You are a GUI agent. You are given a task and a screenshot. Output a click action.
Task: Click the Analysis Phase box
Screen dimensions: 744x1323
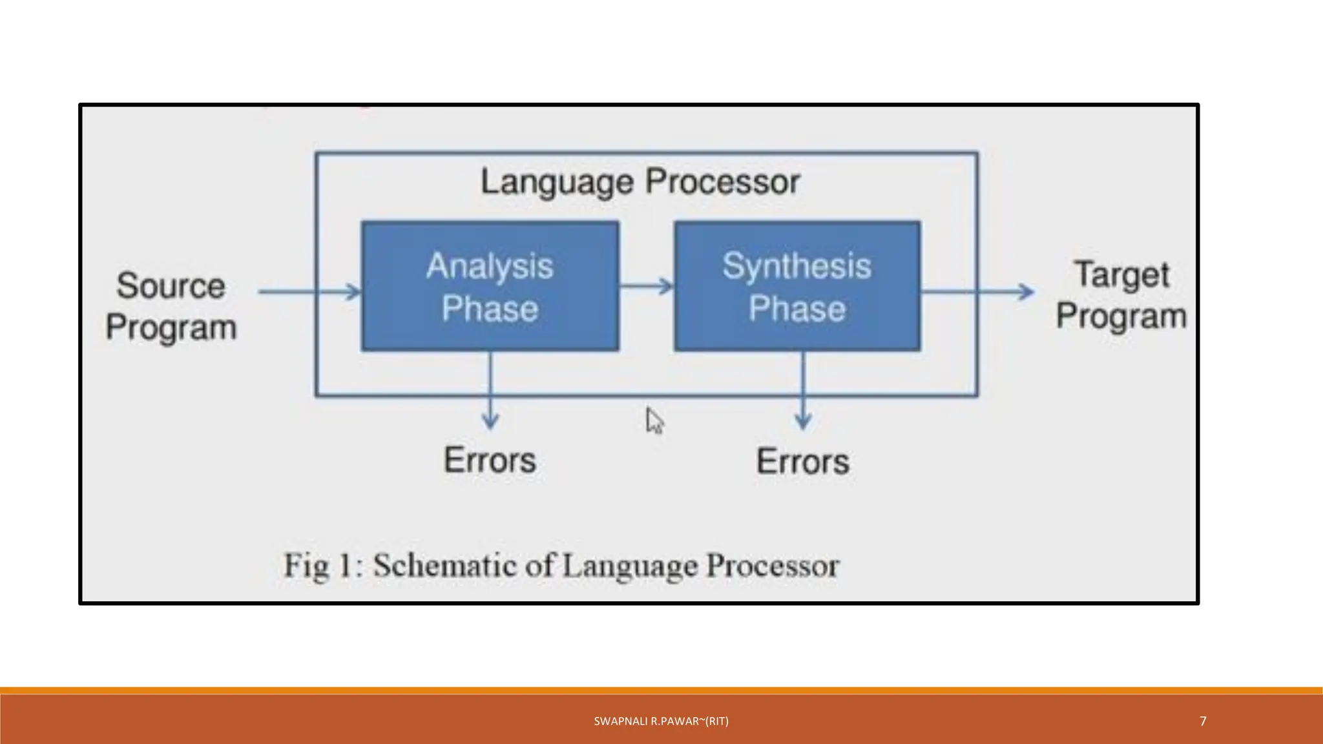490,287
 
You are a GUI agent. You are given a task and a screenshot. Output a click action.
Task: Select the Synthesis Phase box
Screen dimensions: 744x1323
797,287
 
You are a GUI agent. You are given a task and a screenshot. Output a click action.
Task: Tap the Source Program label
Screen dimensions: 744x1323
171,306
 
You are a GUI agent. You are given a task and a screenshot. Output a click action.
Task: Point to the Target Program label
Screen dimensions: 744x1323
1121,295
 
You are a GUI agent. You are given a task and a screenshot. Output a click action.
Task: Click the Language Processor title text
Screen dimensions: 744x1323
640,181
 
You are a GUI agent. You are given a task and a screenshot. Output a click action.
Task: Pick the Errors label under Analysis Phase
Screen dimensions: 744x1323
490,460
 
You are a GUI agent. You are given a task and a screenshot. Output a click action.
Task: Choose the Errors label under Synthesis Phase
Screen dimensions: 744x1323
803,462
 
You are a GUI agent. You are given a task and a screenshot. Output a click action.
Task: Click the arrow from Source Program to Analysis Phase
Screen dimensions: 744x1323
309,292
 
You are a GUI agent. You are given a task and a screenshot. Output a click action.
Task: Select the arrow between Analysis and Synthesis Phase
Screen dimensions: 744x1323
646,286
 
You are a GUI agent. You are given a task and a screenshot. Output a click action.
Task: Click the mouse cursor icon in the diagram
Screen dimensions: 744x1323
654,421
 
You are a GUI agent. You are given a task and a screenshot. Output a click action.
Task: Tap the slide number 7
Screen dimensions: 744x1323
1203,721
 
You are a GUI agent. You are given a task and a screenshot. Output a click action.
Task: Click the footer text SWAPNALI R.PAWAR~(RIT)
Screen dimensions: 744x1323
661,721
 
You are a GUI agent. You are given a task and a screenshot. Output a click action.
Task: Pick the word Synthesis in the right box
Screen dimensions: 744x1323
797,266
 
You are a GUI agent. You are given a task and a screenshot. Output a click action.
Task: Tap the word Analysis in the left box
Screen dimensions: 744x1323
490,266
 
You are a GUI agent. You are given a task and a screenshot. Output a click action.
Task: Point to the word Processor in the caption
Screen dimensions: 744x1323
773,566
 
